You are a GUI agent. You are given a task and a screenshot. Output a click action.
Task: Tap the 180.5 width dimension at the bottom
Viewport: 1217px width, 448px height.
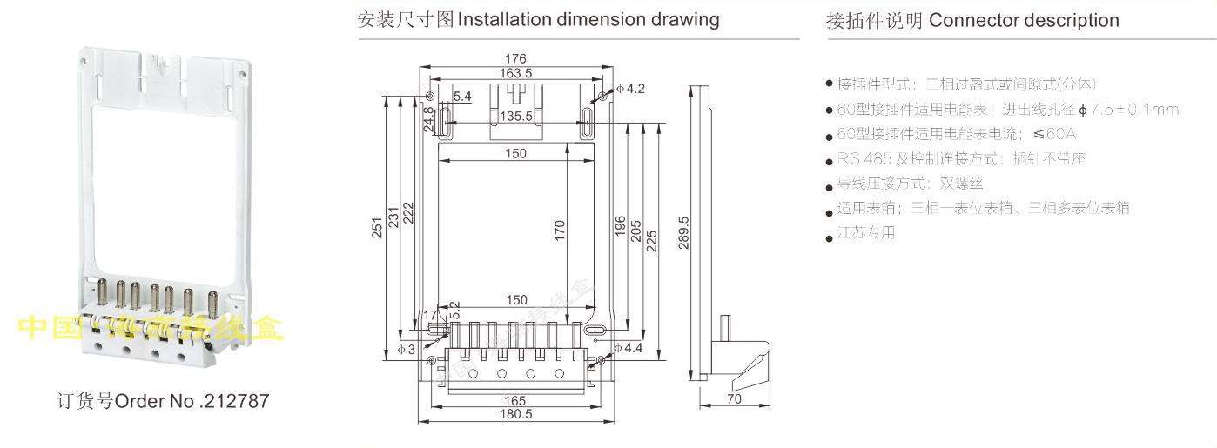516,415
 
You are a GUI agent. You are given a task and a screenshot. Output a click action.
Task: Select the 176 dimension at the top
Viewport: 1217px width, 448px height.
515,59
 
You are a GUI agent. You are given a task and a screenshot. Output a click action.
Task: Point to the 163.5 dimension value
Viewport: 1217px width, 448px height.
515,73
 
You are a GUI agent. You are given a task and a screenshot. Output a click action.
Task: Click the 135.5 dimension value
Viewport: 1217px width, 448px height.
515,116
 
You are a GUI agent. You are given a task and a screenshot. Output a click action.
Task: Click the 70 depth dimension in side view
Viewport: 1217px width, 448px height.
734,399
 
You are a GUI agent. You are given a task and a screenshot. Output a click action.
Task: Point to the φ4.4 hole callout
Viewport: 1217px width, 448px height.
630,348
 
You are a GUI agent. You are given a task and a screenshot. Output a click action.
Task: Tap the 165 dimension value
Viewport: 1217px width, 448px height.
515,401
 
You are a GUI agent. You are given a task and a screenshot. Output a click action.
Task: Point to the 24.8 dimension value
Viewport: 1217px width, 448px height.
428,119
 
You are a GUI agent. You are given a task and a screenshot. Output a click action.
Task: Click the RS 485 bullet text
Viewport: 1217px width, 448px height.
858,159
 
